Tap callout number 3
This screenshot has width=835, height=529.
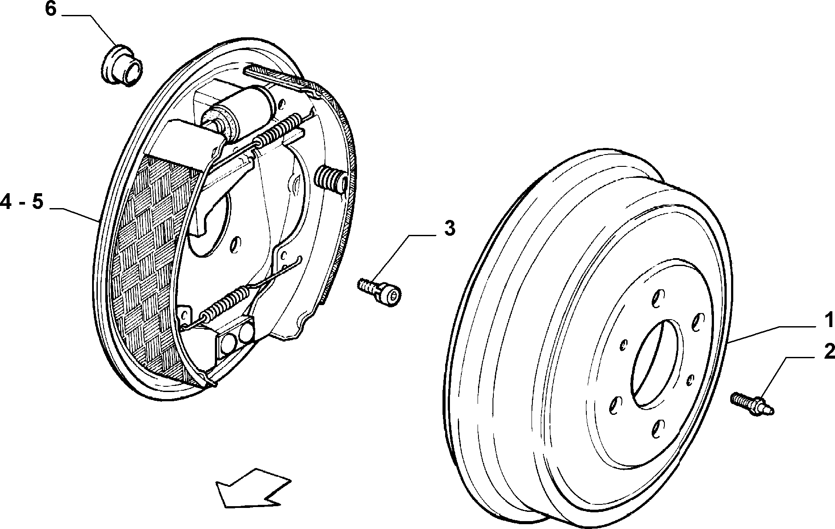450,229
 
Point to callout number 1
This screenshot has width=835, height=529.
828,321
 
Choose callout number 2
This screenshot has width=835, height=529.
829,352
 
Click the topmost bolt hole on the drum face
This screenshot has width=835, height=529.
655,299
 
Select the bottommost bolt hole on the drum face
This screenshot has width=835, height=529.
656,428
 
